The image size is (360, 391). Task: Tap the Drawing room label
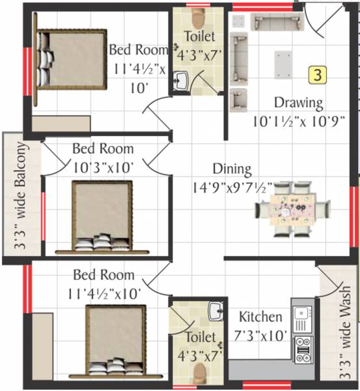(298, 102)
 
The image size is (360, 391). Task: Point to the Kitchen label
(260, 317)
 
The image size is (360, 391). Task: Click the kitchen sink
(301, 319)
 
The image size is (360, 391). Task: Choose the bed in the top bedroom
(70, 59)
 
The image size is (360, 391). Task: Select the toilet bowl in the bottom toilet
(199, 372)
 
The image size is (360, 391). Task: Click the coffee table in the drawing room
(283, 64)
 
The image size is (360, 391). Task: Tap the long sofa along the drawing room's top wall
(278, 22)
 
